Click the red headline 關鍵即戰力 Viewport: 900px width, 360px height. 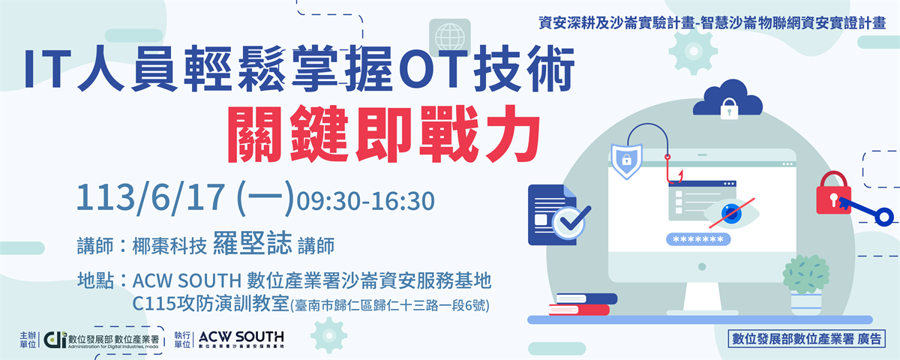click(384, 133)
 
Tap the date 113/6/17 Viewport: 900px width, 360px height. click(151, 197)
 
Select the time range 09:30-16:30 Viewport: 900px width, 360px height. click(366, 201)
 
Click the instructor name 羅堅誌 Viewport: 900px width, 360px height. click(252, 244)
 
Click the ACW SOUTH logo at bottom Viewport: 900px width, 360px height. click(241, 339)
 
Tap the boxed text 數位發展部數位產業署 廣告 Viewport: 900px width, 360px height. click(806, 339)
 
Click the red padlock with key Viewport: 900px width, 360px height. click(834, 193)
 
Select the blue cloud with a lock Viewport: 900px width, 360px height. click(727, 98)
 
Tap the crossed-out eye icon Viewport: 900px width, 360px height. click(732, 213)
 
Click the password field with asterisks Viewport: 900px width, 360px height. click(698, 239)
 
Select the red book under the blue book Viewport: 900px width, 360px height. click(579, 310)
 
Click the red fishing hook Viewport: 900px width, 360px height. click(673, 171)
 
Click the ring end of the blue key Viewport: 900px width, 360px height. click(884, 217)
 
